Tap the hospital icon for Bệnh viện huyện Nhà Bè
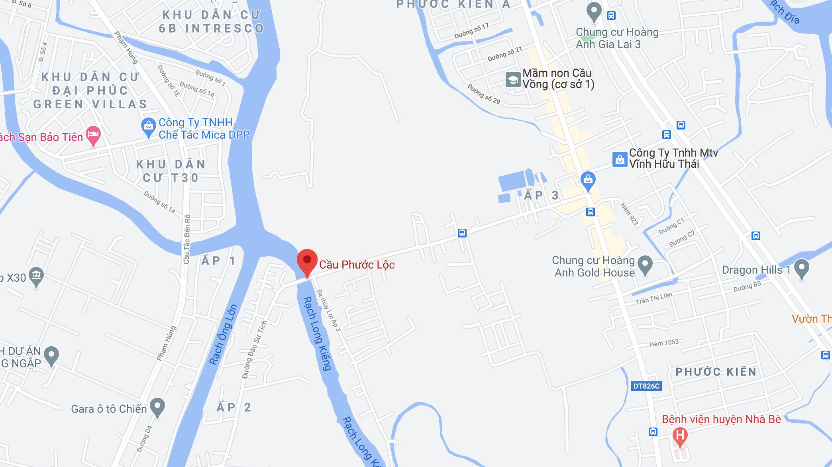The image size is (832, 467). click(680, 435)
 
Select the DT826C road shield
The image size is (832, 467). click(646, 386)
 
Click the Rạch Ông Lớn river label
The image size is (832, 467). click(223, 335)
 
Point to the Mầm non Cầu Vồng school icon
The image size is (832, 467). click(513, 80)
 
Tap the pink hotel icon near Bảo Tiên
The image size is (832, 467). click(93, 135)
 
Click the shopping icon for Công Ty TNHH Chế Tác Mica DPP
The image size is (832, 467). click(148, 126)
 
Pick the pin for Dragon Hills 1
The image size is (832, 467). click(801, 268)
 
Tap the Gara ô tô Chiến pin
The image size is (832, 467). click(157, 407)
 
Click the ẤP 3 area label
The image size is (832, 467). click(541, 195)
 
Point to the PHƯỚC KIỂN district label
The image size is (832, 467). click(716, 372)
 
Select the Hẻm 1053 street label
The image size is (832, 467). click(664, 343)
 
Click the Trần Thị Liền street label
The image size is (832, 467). click(654, 298)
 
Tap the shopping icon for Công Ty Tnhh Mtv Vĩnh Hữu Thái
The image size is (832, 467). click(620, 159)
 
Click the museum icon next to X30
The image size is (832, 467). click(36, 275)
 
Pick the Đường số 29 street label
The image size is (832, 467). click(484, 94)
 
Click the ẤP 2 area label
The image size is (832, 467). click(234, 407)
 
